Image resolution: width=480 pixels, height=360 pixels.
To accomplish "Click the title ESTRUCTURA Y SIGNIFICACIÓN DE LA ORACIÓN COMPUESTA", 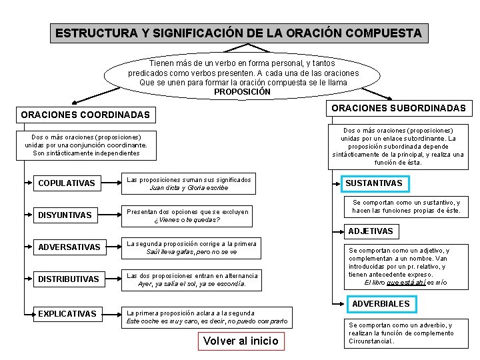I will pyautogui.click(x=239, y=33).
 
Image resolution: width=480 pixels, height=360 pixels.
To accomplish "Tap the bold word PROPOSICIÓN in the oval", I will pyautogui.click(x=242, y=92).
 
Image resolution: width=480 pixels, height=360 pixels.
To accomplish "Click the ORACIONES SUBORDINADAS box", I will pyautogui.click(x=399, y=108).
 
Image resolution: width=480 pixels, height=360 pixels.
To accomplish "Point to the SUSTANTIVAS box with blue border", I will pyautogui.click(x=373, y=183).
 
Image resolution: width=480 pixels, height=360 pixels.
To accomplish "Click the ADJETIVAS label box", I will pyautogui.click(x=371, y=231).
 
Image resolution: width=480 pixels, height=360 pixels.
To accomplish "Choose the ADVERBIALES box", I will pyautogui.click(x=381, y=304).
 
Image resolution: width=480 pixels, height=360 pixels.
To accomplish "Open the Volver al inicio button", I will pyautogui.click(x=241, y=341).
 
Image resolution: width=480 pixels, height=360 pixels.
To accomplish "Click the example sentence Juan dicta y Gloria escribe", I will pyautogui.click(x=189, y=188).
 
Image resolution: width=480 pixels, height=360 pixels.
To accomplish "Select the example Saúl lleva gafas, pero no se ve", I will pyautogui.click(x=191, y=252).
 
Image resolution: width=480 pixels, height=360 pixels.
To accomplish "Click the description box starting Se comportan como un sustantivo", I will pyautogui.click(x=406, y=207).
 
